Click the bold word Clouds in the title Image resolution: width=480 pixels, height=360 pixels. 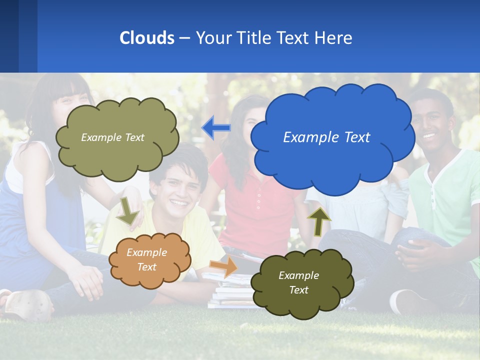(146, 38)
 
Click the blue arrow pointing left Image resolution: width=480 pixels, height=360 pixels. (216, 128)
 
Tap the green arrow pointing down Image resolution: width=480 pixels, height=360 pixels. (127, 210)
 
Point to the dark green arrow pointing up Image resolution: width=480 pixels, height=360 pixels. (319, 221)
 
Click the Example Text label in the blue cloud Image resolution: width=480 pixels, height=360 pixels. (326, 137)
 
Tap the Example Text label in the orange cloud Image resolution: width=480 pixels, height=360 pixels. (146, 259)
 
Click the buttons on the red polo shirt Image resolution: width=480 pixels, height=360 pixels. (258, 197)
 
